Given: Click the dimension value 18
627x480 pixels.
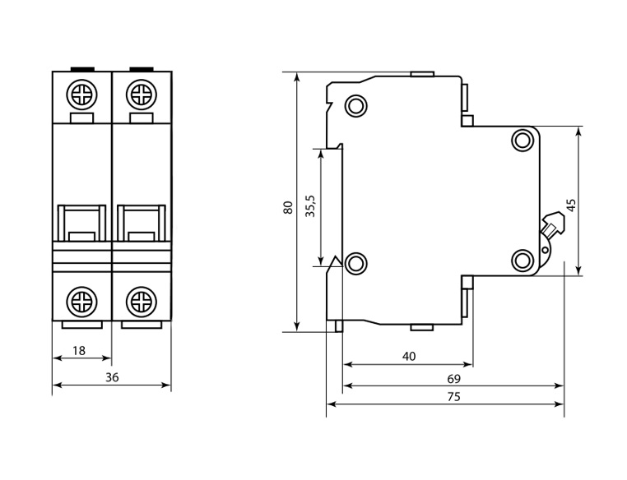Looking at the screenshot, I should click(79, 351).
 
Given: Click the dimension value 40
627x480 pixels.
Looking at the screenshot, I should click(409, 356).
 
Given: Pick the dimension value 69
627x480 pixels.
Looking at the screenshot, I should click(453, 379).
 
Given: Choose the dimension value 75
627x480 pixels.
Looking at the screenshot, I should click(453, 397).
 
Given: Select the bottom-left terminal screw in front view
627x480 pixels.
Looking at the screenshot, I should click(82, 300).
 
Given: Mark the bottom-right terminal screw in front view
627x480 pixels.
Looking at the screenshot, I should click(141, 300).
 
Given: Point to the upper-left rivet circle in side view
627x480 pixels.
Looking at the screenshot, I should click(356, 105).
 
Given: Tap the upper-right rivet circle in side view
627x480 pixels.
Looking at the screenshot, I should click(522, 140).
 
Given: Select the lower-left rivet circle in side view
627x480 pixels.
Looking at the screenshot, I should click(356, 263).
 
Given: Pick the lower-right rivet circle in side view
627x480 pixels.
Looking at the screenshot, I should click(522, 261).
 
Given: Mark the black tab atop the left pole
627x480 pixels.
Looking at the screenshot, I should click(82, 70).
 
